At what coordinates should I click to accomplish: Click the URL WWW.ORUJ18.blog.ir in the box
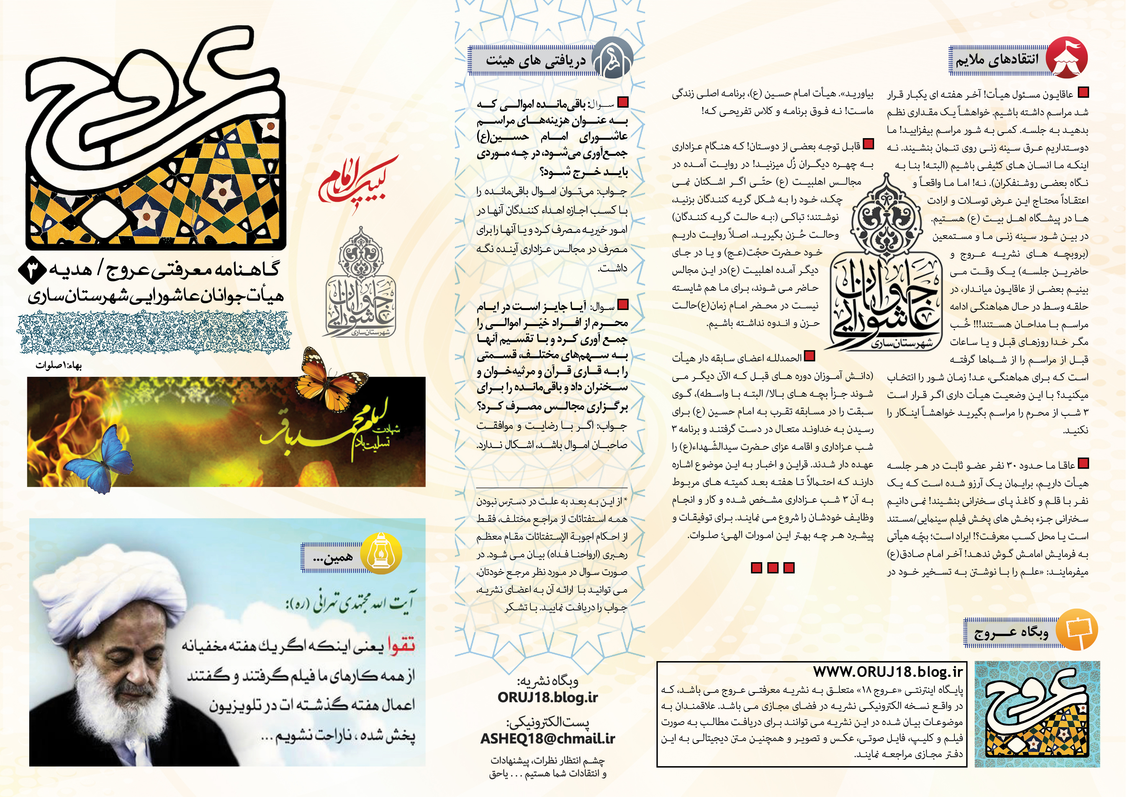(x=887, y=671)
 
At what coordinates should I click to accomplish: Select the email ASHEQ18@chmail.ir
(x=547, y=738)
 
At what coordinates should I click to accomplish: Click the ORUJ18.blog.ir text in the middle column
(x=547, y=697)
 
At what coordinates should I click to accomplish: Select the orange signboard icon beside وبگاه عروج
(x=1076, y=630)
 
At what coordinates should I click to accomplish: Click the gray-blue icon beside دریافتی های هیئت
(x=612, y=60)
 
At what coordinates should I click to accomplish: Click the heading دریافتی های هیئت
(x=536, y=61)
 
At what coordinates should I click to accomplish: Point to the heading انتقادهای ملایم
(x=997, y=60)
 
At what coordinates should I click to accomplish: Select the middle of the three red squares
(x=773, y=568)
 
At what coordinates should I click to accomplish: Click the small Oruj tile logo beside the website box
(x=1037, y=713)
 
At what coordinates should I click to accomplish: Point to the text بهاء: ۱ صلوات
(x=59, y=366)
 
